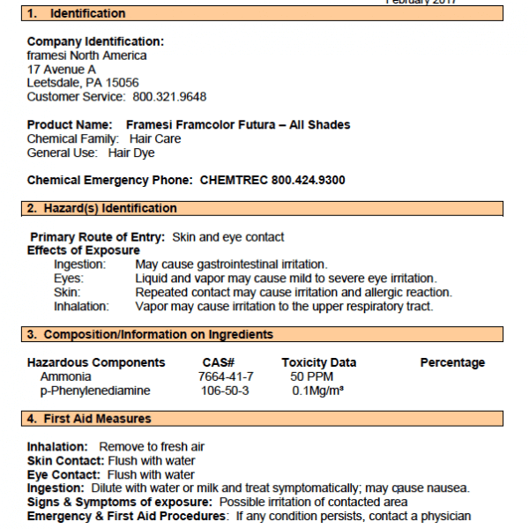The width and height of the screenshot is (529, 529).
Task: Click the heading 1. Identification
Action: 76,14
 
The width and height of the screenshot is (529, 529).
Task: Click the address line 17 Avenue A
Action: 62,69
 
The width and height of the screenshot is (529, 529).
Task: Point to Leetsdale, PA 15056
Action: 83,83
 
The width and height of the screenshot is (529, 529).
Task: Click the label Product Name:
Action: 70,125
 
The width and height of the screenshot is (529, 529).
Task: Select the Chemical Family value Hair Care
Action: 155,138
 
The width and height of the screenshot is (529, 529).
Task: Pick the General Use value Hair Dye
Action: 131,153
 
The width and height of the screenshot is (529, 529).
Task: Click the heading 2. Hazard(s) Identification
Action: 101,209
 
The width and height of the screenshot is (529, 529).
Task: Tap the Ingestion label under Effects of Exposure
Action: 79,264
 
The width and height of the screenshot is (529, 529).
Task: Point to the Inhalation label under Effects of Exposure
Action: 81,306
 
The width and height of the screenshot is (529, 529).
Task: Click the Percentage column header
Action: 452,362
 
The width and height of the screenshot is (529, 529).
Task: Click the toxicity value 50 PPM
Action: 311,376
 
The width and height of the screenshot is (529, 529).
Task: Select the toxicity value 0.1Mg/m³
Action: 317,391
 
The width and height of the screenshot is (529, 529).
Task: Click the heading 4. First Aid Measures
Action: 88,419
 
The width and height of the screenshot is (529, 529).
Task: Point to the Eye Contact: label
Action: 65,474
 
